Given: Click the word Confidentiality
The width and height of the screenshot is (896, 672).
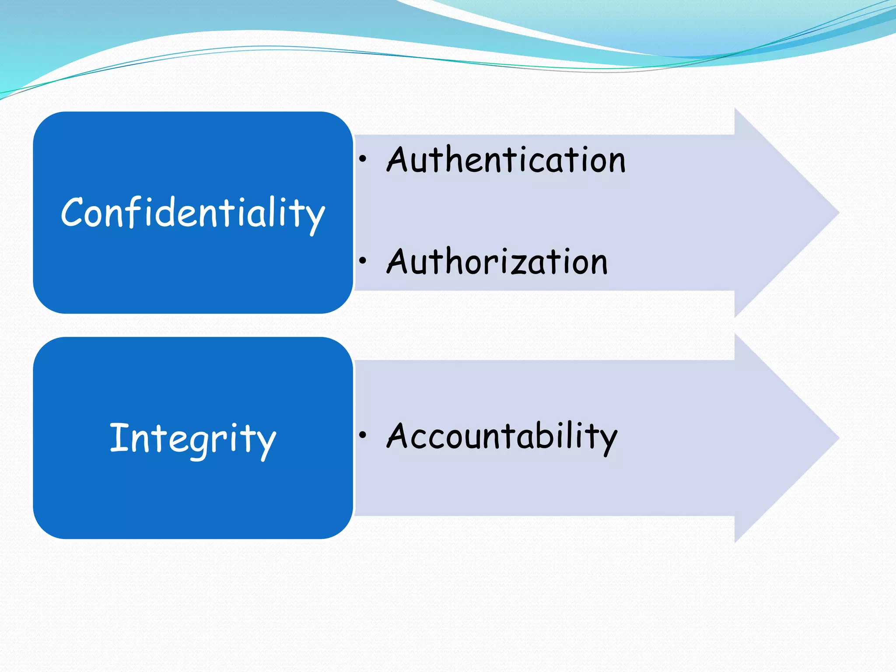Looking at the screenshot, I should click(192, 213).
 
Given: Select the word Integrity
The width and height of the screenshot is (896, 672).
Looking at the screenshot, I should click(192, 438).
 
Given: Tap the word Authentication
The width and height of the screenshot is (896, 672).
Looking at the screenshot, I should click(506, 160).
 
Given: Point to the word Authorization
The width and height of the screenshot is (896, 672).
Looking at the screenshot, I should click(497, 262).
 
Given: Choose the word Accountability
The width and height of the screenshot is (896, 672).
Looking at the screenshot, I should click(502, 436).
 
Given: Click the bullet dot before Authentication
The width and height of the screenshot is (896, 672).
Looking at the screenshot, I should click(362, 160).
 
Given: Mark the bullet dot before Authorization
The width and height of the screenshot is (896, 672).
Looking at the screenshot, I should click(362, 261).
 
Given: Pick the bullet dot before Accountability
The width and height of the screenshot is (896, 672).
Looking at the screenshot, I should click(362, 435).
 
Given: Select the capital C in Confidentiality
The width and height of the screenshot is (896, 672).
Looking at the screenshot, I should click(72, 212).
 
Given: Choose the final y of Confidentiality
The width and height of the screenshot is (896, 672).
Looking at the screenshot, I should click(313, 217).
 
